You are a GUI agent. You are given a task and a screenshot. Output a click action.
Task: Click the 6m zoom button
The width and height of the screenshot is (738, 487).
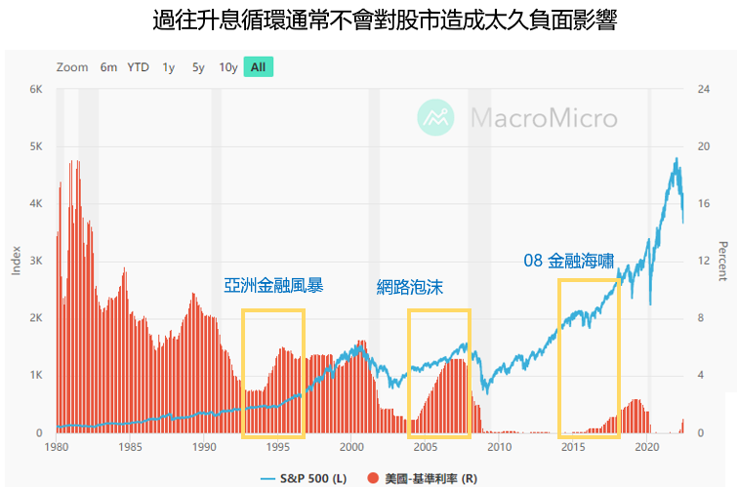(x=108, y=67)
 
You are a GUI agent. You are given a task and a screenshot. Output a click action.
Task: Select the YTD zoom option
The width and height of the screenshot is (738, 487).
(x=138, y=67)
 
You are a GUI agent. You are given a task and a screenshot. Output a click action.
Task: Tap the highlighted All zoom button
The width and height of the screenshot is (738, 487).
(x=258, y=67)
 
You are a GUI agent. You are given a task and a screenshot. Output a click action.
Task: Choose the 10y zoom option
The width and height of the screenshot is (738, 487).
(x=228, y=67)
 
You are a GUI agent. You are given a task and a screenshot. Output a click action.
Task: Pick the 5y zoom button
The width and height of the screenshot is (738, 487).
(x=198, y=67)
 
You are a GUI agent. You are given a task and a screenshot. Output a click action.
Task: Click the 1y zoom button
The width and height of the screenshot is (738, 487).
(x=169, y=67)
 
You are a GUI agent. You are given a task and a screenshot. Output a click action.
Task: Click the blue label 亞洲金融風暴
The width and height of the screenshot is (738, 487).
(x=273, y=286)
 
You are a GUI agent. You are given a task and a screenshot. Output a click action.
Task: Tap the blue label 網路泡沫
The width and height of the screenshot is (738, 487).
(x=410, y=287)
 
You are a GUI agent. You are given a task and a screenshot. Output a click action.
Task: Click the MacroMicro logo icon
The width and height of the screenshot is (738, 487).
(x=436, y=118)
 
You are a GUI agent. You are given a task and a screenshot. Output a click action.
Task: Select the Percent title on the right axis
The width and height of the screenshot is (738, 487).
(x=722, y=260)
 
